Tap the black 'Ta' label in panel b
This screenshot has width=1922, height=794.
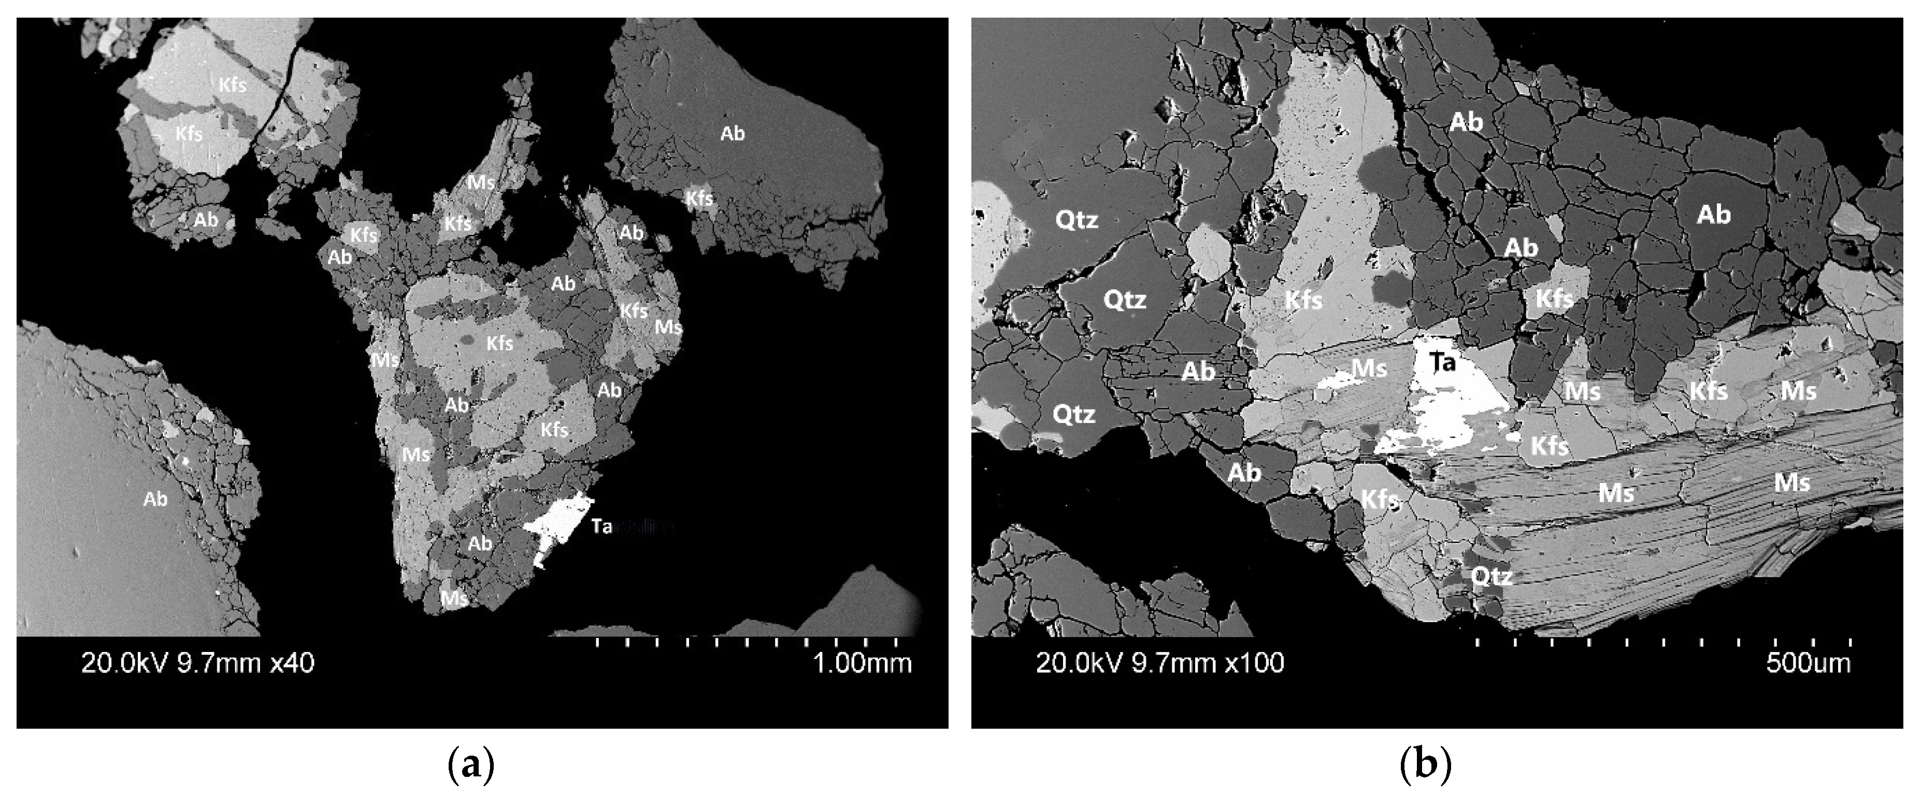pyautogui.click(x=1442, y=363)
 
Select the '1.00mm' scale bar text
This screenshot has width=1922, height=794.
pyautogui.click(x=862, y=663)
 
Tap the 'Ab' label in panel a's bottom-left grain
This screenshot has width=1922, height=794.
pyautogui.click(x=155, y=499)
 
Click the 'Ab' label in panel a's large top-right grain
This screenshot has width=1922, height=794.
pyautogui.click(x=732, y=134)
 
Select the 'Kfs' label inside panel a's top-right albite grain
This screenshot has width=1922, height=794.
pyautogui.click(x=700, y=198)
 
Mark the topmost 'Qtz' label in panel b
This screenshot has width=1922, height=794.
pyautogui.click(x=1076, y=220)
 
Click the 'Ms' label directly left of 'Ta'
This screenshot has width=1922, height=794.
pyautogui.click(x=1369, y=368)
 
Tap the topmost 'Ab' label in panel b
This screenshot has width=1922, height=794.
pyautogui.click(x=1466, y=122)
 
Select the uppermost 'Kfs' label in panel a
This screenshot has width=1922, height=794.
pyautogui.click(x=232, y=85)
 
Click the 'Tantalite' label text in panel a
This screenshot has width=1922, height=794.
pyautogui.click(x=630, y=527)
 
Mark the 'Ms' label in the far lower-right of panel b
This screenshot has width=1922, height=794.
pyautogui.click(x=1791, y=483)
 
